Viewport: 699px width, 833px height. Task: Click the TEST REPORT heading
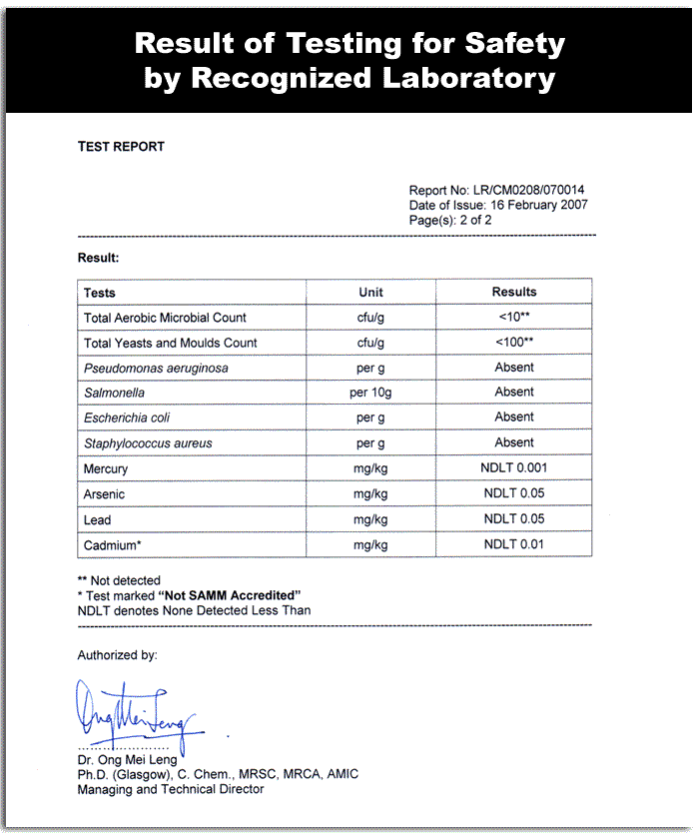coord(121,147)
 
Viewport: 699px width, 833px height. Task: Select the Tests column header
coord(100,293)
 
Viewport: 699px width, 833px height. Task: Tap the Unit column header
coord(370,293)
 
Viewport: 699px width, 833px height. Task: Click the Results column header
coord(514,293)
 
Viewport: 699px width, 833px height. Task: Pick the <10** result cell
coord(514,318)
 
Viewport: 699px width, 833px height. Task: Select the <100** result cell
coord(514,343)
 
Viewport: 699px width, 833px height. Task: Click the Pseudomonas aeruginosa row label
coord(156,369)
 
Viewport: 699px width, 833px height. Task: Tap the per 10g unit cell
coord(370,393)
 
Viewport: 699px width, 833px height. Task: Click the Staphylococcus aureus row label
coord(148,443)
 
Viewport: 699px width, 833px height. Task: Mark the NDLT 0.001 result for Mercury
coord(514,467)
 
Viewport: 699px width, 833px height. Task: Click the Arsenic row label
coord(105,494)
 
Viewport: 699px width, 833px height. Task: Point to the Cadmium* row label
coord(112,545)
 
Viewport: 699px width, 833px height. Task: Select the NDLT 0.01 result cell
coord(514,544)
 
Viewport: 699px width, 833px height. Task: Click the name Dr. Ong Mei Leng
coord(127,760)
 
